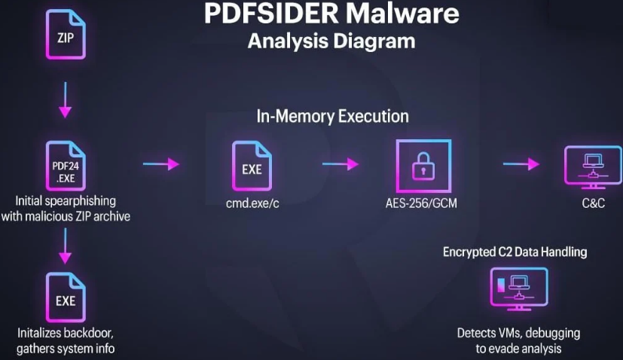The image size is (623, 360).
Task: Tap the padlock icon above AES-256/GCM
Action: pos(423,167)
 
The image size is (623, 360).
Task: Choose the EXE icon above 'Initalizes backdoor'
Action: pos(66,298)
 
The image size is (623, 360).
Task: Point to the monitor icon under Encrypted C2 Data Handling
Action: pos(517,290)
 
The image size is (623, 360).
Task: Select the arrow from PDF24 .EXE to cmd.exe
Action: pos(160,164)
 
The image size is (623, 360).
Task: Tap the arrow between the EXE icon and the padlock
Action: pos(340,164)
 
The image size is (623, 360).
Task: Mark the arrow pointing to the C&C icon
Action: pos(522,164)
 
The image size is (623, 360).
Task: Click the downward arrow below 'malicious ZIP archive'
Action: pos(66,245)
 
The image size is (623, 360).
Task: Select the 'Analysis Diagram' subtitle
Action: pos(331,41)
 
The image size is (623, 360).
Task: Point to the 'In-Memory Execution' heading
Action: pos(332,117)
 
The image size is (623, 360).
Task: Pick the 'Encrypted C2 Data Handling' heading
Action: pos(515,252)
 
